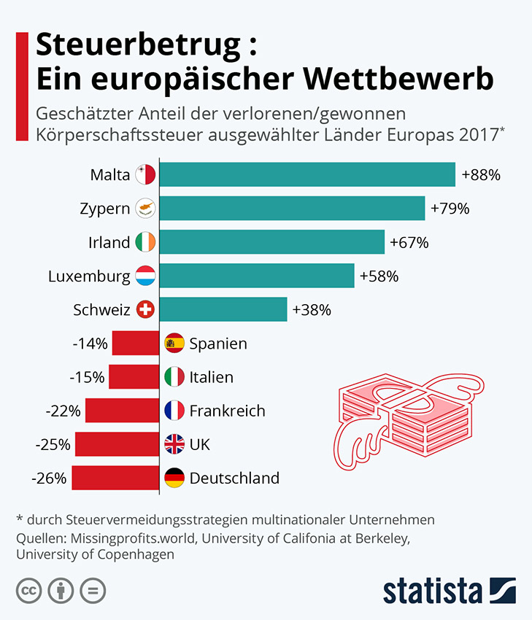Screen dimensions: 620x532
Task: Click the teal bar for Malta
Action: tap(307, 175)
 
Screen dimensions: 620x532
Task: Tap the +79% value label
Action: tap(450, 209)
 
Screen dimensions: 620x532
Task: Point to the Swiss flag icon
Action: tap(146, 310)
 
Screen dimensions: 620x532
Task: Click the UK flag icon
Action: tap(174, 445)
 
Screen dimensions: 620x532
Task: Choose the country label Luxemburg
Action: tap(89, 276)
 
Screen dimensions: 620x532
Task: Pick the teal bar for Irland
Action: tap(271, 242)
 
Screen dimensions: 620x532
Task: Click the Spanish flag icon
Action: tap(174, 344)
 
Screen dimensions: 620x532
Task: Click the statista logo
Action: tap(449, 590)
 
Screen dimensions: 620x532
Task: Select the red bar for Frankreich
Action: tap(122, 411)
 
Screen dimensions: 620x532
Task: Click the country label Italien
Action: tap(211, 377)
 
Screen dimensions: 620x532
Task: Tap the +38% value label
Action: tap(312, 310)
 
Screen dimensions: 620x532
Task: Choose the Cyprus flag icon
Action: tap(146, 209)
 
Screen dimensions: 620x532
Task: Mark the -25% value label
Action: tap(53, 445)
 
